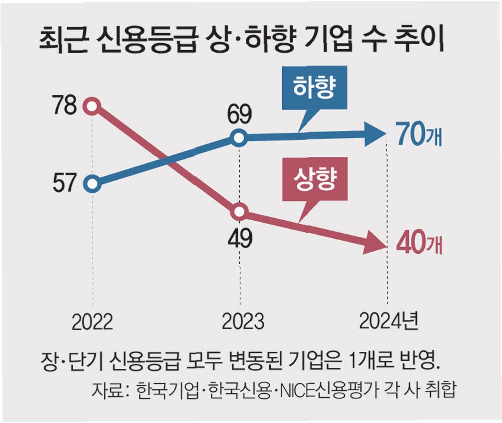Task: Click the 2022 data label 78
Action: (x=65, y=105)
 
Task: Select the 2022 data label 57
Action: (x=65, y=183)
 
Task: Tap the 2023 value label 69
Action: (x=240, y=114)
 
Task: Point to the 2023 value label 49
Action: (x=240, y=238)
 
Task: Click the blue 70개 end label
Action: (x=418, y=134)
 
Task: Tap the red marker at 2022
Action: (x=92, y=106)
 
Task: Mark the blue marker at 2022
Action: (x=92, y=184)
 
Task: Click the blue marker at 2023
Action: (x=239, y=138)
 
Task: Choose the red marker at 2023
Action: (x=240, y=212)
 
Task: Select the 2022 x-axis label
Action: (x=92, y=322)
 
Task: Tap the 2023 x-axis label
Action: (x=243, y=321)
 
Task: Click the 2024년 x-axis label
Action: (x=388, y=321)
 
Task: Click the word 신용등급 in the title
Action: (x=146, y=40)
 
